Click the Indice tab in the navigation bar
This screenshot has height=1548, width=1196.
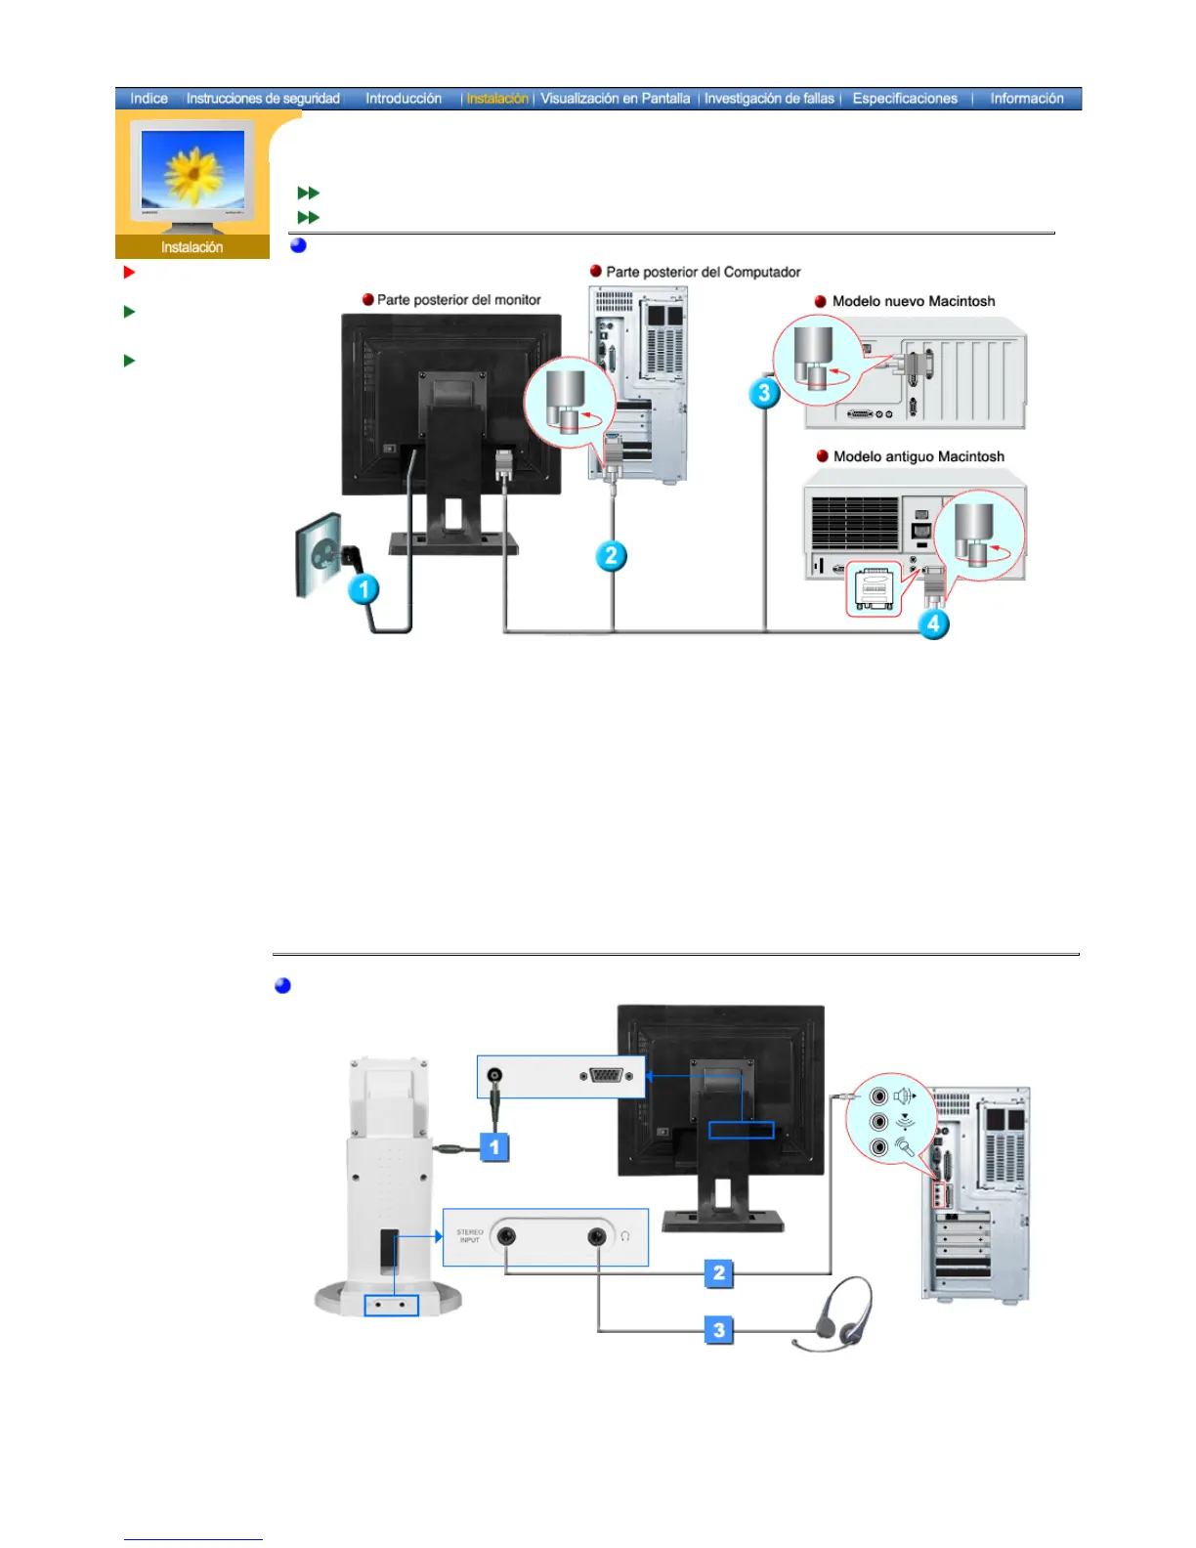coord(149,99)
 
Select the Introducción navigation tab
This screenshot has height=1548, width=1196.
coord(404,99)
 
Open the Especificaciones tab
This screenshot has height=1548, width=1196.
coord(905,99)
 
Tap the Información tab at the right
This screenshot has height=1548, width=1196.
coord(1026,99)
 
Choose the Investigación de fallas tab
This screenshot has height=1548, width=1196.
coord(769,99)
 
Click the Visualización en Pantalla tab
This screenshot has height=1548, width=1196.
coord(615,99)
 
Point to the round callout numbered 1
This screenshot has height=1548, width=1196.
coord(364,589)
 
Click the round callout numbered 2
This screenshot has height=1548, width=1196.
coord(612,556)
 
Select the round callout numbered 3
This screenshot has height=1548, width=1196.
coord(764,394)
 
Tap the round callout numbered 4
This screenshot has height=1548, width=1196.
coord(933,623)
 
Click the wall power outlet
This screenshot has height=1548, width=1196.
coord(320,554)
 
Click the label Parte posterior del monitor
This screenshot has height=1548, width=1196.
coord(458,300)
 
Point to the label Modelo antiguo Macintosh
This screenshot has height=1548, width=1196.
coord(918,456)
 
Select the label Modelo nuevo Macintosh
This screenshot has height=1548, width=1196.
coord(914,301)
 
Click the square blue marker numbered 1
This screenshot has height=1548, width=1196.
coord(495,1146)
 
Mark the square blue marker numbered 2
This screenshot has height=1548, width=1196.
coord(719,1272)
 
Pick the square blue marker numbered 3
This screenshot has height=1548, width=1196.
coord(719,1329)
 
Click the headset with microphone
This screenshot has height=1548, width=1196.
coord(837,1314)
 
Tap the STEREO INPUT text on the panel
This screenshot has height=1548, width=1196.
coord(470,1236)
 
